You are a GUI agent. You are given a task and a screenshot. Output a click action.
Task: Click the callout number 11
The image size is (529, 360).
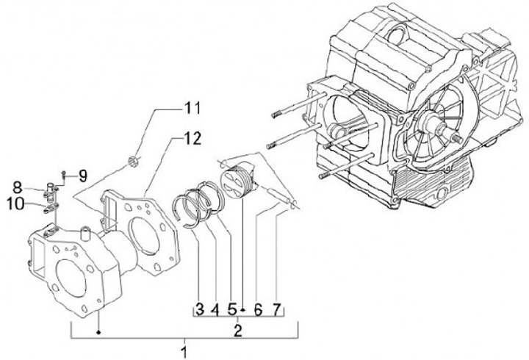(x=192, y=108)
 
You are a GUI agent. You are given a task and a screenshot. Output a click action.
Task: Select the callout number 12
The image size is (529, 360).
(x=192, y=138)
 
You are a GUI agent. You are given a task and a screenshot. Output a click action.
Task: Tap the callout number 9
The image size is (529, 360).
(x=83, y=176)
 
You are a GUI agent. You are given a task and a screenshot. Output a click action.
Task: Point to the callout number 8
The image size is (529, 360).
(x=18, y=187)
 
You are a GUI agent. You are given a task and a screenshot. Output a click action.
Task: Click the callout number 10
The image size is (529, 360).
(x=15, y=204)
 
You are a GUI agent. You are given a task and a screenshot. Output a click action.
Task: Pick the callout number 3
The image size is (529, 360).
(x=200, y=309)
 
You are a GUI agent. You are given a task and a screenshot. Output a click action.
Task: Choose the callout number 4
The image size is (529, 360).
(x=215, y=309)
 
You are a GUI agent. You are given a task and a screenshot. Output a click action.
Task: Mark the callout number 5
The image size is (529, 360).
(x=231, y=309)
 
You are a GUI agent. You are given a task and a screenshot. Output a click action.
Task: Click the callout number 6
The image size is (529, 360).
(x=258, y=309)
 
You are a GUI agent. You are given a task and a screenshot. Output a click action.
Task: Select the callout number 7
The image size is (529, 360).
(x=276, y=309)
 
